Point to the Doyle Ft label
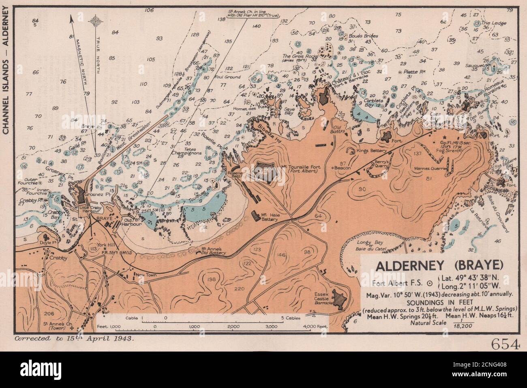pyautogui.click(x=47, y=243)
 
